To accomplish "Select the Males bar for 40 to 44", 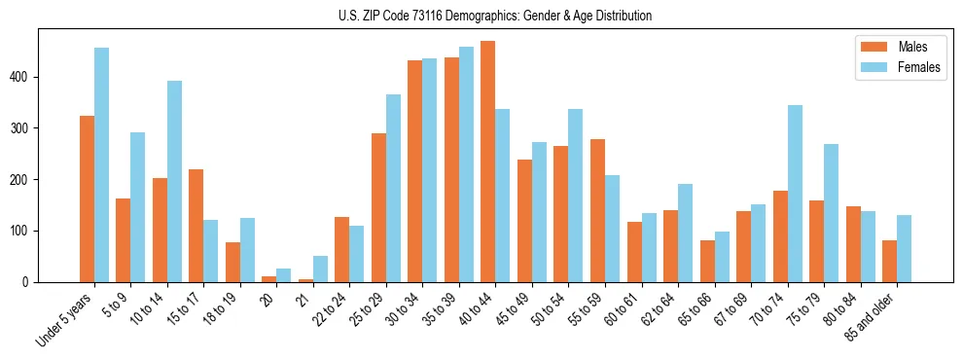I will pyautogui.click(x=488, y=162).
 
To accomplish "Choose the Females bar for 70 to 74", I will pyautogui.click(x=795, y=194).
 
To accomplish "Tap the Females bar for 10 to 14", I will pyautogui.click(x=174, y=181).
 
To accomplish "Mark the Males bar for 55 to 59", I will pyautogui.click(x=597, y=211).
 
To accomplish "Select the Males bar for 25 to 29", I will pyautogui.click(x=378, y=208).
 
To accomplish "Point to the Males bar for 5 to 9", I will pyautogui.click(x=123, y=240).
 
